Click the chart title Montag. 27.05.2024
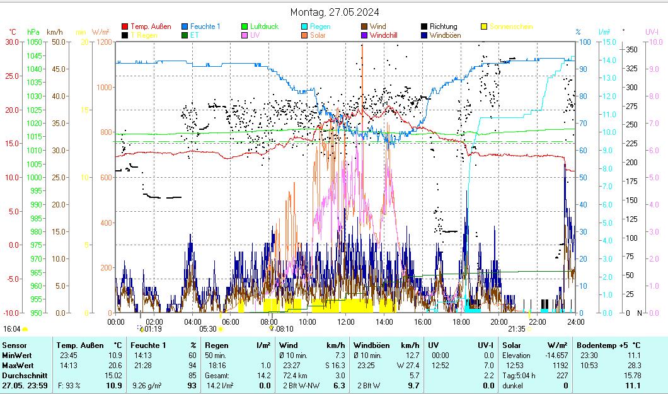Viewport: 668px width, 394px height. [x=335, y=12]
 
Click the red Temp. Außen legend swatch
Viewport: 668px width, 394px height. [x=125, y=26]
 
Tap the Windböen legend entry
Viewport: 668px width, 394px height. [x=445, y=35]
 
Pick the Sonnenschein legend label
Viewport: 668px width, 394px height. [x=510, y=26]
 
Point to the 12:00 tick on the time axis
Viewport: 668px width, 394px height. [x=346, y=322]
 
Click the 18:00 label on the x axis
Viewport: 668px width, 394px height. [x=461, y=322]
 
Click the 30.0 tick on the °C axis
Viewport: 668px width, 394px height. [x=11, y=42]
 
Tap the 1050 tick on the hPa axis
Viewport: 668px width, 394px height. [x=34, y=42]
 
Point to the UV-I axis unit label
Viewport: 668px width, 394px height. [x=652, y=32]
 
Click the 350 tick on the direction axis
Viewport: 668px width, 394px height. [x=631, y=49]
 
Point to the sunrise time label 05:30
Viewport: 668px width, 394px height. [x=208, y=328]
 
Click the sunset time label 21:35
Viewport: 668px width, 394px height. [x=517, y=328]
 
